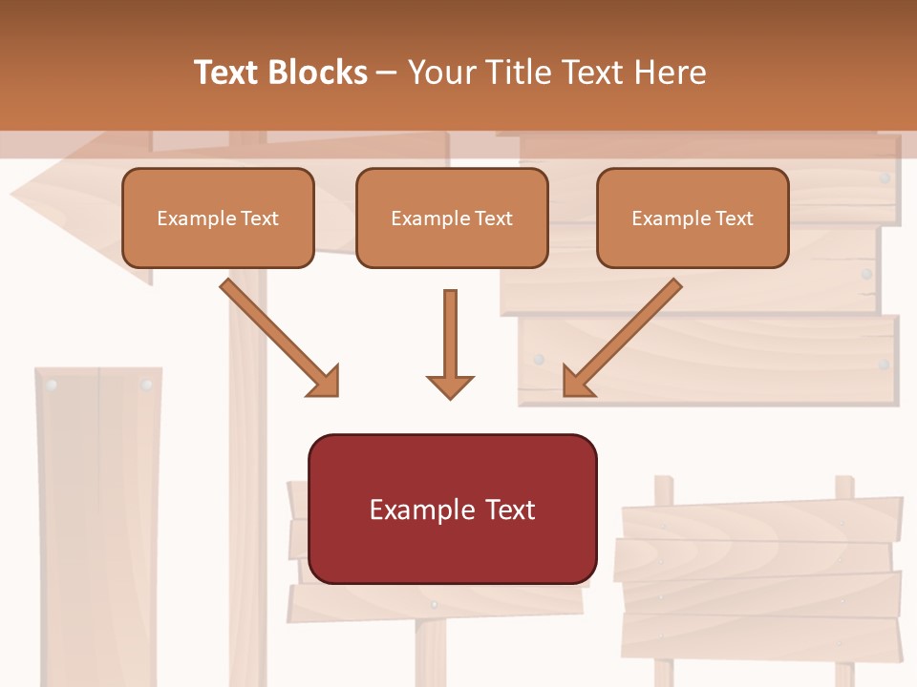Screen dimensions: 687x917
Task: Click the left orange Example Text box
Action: tap(218, 218)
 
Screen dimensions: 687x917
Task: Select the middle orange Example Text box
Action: tap(452, 218)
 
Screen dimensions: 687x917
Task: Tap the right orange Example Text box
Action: tap(693, 218)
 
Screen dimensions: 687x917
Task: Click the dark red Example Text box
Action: tap(452, 509)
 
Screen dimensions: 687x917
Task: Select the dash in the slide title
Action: tap(387, 73)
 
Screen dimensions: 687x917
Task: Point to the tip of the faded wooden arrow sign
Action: tap(13, 198)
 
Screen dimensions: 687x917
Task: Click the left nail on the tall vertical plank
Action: tap(52, 385)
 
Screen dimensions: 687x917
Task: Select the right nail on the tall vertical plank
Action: tap(146, 385)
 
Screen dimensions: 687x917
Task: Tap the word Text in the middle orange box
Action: tap(493, 219)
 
